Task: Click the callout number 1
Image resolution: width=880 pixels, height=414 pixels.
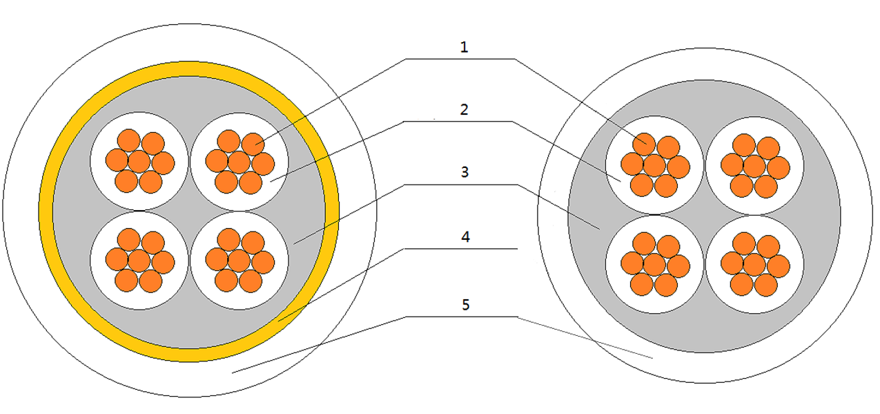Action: click(x=464, y=48)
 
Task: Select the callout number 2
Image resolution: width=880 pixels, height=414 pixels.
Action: click(x=465, y=109)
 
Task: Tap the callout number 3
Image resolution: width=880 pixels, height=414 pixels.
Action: click(x=465, y=172)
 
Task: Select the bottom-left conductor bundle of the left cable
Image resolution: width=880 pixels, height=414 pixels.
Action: click(x=139, y=261)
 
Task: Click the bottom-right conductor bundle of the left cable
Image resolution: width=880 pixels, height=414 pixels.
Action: click(x=239, y=261)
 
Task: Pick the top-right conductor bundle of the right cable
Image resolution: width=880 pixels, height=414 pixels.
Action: click(x=754, y=166)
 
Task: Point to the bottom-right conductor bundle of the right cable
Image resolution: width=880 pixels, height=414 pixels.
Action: click(x=754, y=264)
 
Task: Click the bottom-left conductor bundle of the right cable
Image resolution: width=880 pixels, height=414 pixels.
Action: click(x=654, y=264)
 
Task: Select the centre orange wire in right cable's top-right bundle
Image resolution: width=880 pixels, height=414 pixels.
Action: click(x=754, y=166)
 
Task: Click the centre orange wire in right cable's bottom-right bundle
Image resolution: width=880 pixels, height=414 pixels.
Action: click(x=754, y=264)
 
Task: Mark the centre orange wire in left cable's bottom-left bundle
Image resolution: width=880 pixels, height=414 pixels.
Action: click(x=139, y=261)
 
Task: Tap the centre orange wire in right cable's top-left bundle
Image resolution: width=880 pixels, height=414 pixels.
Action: click(x=654, y=166)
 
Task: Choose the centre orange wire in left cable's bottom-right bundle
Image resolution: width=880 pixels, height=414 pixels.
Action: click(x=239, y=261)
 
